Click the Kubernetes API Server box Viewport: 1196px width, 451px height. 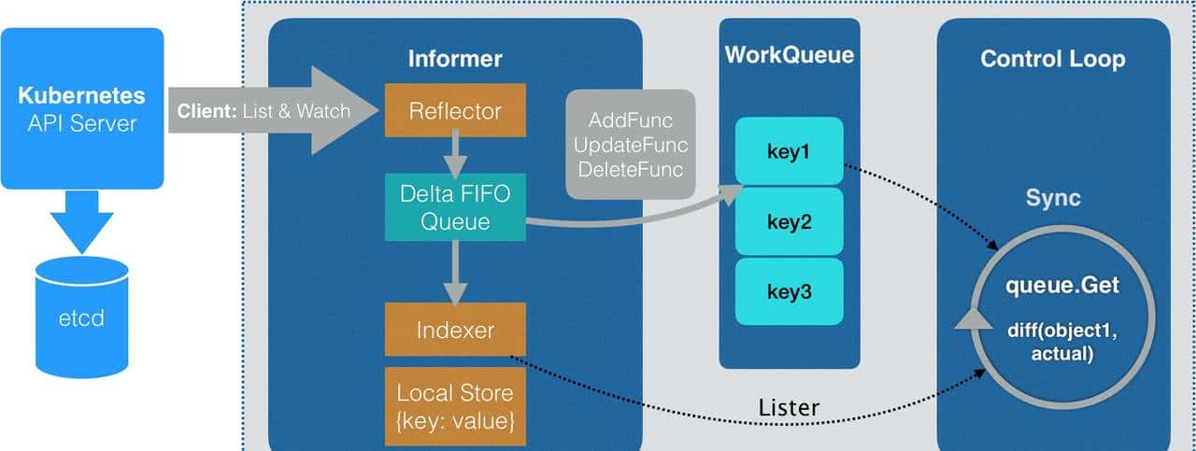82,108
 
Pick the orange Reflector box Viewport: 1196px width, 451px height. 455,111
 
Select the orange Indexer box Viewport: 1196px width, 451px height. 455,331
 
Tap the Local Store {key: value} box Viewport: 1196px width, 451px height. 455,406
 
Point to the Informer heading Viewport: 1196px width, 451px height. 455,59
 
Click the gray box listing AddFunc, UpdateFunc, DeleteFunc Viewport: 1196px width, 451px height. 631,145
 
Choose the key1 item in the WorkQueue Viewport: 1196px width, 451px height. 789,151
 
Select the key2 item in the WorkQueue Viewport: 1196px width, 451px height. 789,221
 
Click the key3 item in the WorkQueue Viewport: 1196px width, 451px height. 789,291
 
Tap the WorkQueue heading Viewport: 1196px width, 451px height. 789,55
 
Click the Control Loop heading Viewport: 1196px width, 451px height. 1052,59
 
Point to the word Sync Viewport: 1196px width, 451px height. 1053,198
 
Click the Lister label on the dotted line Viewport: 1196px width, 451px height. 789,407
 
